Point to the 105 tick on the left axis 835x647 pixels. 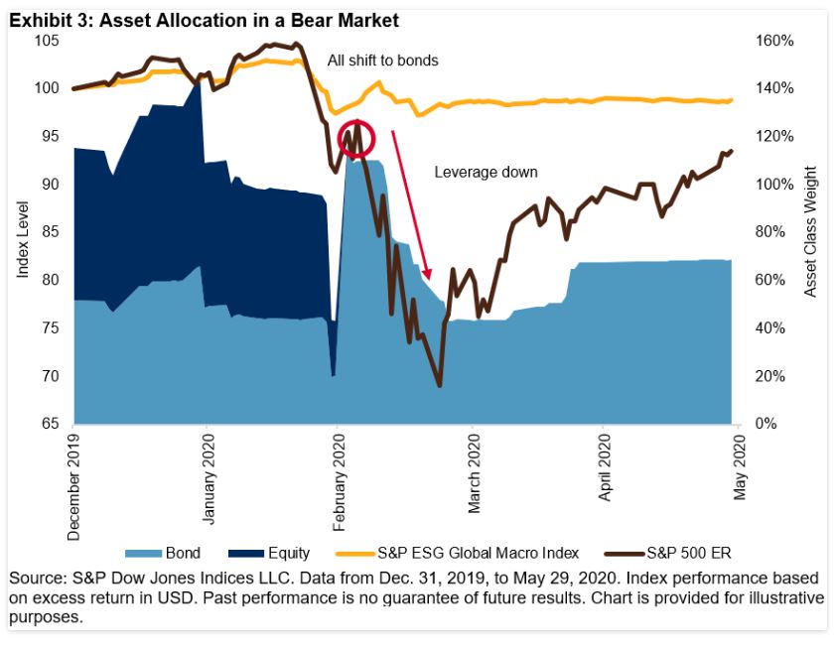pyautogui.click(x=47, y=41)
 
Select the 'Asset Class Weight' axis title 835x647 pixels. pyautogui.click(x=810, y=232)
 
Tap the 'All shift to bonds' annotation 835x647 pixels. pyautogui.click(x=382, y=61)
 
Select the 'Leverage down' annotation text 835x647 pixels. pyautogui.click(x=486, y=173)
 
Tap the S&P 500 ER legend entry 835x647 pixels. pyautogui.click(x=674, y=553)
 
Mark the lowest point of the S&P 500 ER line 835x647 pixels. pyautogui.click(x=438, y=385)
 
